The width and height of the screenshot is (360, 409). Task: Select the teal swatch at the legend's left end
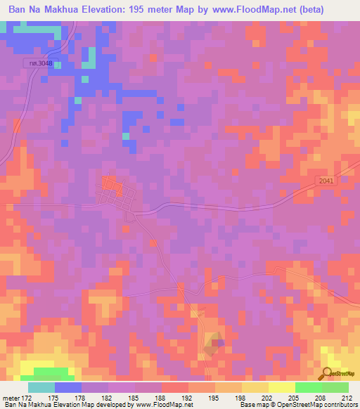41,387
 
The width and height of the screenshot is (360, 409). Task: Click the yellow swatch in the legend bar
281,387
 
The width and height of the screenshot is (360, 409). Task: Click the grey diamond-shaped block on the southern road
217,344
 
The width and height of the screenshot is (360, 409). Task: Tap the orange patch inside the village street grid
109,183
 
